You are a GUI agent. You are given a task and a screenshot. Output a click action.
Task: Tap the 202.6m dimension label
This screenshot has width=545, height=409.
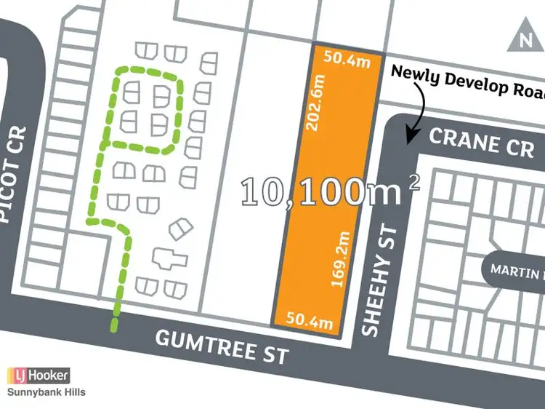(x=317, y=106)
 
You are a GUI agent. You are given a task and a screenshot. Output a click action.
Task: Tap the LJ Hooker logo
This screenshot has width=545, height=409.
(x=39, y=376)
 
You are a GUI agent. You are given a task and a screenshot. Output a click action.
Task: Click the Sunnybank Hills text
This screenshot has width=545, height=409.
(x=46, y=392)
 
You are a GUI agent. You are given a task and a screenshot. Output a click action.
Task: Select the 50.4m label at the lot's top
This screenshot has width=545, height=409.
(x=347, y=60)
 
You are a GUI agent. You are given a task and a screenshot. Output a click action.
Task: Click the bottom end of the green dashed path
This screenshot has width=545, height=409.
(x=113, y=327)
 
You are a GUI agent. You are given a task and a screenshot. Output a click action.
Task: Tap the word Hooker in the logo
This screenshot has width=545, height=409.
(x=47, y=376)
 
